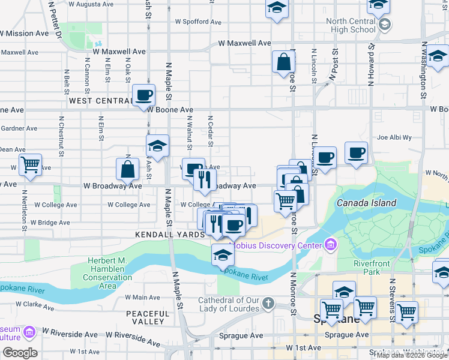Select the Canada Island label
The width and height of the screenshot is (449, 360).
tap(366, 203)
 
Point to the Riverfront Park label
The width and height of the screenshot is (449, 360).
tap(372, 268)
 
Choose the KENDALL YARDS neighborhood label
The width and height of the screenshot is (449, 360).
tap(170, 235)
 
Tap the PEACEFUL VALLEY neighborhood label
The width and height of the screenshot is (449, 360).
tap(148, 317)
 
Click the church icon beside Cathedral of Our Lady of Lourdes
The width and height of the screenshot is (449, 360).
tap(268, 304)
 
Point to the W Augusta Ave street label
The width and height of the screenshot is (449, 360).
tap(91, 4)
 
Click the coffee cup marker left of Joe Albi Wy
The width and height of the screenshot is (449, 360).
tap(356, 153)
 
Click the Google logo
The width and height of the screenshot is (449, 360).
tap(19, 353)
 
